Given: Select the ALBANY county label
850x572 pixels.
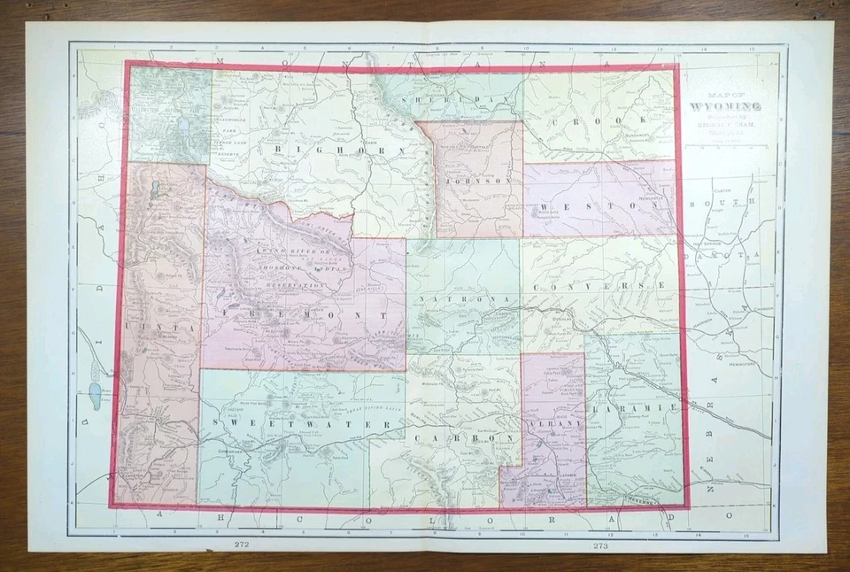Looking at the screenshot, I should (553, 425).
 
